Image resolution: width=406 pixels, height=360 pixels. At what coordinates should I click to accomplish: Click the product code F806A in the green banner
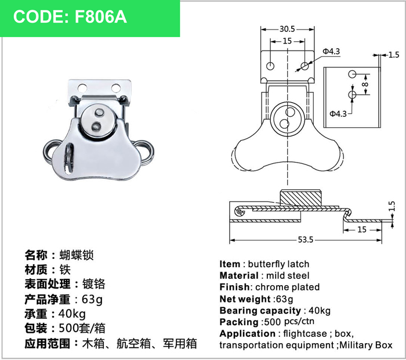[x=101, y=17]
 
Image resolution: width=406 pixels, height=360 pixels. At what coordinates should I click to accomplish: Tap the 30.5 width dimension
[x=287, y=29]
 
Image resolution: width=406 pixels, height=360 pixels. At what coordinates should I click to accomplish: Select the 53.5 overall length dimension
[x=306, y=239]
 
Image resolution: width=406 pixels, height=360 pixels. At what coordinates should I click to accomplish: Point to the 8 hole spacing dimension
[x=365, y=85]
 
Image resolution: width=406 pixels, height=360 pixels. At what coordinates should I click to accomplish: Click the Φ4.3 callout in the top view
[x=331, y=51]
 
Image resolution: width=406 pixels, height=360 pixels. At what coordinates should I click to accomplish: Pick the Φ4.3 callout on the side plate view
[x=338, y=114]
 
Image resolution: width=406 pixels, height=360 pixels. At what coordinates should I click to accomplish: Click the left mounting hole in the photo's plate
[x=82, y=88]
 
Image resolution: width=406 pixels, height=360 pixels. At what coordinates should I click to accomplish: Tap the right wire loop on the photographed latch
[x=145, y=152]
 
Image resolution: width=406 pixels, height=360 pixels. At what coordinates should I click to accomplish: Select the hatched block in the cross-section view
[x=300, y=198]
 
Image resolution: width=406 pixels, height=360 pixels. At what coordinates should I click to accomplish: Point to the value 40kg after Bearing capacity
[x=320, y=311]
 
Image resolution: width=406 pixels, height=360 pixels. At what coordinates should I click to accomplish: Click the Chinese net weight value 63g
[x=92, y=300]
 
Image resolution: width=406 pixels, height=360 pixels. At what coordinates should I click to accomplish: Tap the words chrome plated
[x=288, y=287]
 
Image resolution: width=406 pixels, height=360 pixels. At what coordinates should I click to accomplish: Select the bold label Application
[x=248, y=333]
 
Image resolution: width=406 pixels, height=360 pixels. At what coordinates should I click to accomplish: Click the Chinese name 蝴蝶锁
[x=77, y=255]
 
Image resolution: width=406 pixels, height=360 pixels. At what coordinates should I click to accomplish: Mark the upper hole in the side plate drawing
[x=352, y=74]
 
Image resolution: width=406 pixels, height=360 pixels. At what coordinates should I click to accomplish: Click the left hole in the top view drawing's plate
[x=270, y=66]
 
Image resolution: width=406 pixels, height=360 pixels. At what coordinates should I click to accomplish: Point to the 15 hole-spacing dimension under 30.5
[x=287, y=41]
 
